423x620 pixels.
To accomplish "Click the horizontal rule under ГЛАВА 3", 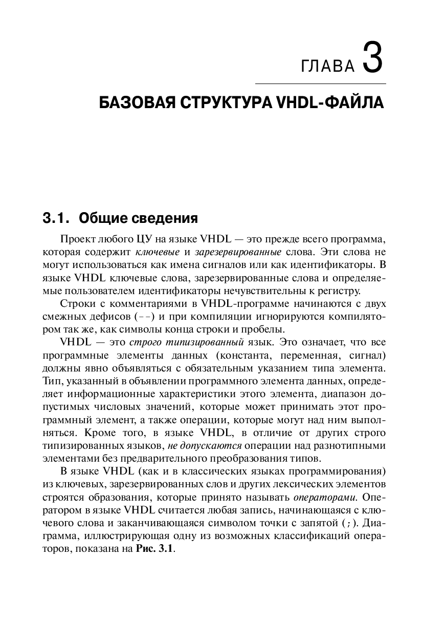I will click(x=320, y=83).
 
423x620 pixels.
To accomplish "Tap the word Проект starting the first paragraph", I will click(x=75, y=239).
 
